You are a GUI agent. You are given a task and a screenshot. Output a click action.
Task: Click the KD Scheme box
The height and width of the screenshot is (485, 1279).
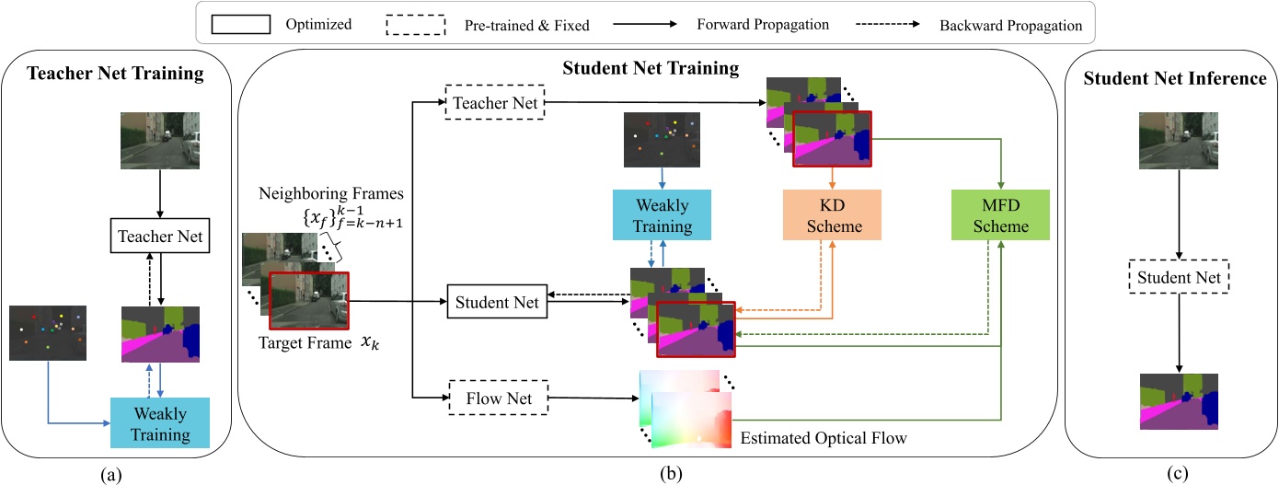click(x=832, y=214)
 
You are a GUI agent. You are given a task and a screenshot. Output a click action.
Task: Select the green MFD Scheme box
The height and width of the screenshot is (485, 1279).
click(x=999, y=214)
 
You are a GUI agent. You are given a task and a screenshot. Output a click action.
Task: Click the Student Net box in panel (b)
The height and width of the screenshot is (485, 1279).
click(x=496, y=301)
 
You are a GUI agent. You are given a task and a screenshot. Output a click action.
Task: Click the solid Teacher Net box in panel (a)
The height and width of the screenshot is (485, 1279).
click(x=160, y=236)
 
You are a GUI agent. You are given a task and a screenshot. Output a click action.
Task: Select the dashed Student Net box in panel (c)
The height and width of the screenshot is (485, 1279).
click(x=1180, y=276)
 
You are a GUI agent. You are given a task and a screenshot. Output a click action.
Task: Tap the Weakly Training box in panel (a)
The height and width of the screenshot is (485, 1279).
click(x=159, y=422)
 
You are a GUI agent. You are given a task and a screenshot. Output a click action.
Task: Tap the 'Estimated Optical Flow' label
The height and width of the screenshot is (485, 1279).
click(x=824, y=439)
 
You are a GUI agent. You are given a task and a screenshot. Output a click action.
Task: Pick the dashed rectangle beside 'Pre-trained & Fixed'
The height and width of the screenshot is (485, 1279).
click(x=412, y=24)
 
